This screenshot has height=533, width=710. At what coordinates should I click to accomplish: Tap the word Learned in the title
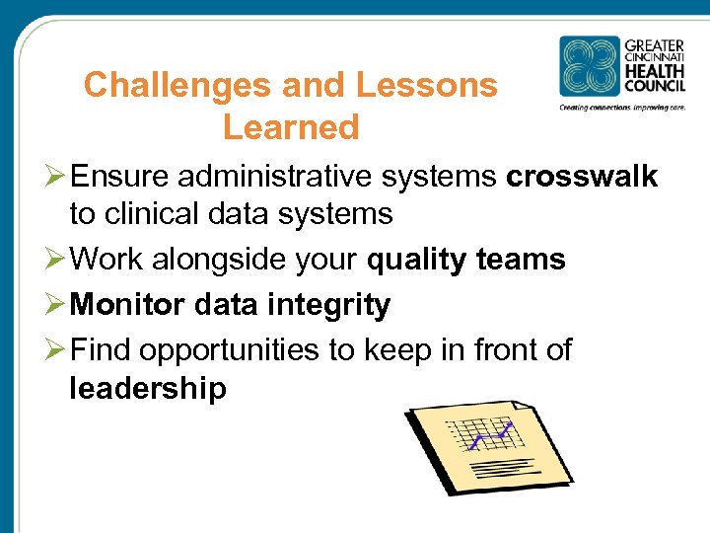point(291,127)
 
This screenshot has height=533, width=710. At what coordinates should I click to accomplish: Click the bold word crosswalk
point(581,177)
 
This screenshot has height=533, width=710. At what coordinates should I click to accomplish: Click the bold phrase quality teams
point(465,260)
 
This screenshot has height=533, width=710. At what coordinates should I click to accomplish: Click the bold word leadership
point(148,388)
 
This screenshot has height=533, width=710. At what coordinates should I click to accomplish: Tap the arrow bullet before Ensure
point(56,177)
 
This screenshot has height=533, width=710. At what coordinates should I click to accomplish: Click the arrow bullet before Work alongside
point(56,260)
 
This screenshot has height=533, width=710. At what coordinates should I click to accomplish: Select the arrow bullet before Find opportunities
point(56,350)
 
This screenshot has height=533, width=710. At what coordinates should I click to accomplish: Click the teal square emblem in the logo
point(590,66)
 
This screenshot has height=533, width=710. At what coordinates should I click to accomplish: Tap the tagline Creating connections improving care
point(622,107)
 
